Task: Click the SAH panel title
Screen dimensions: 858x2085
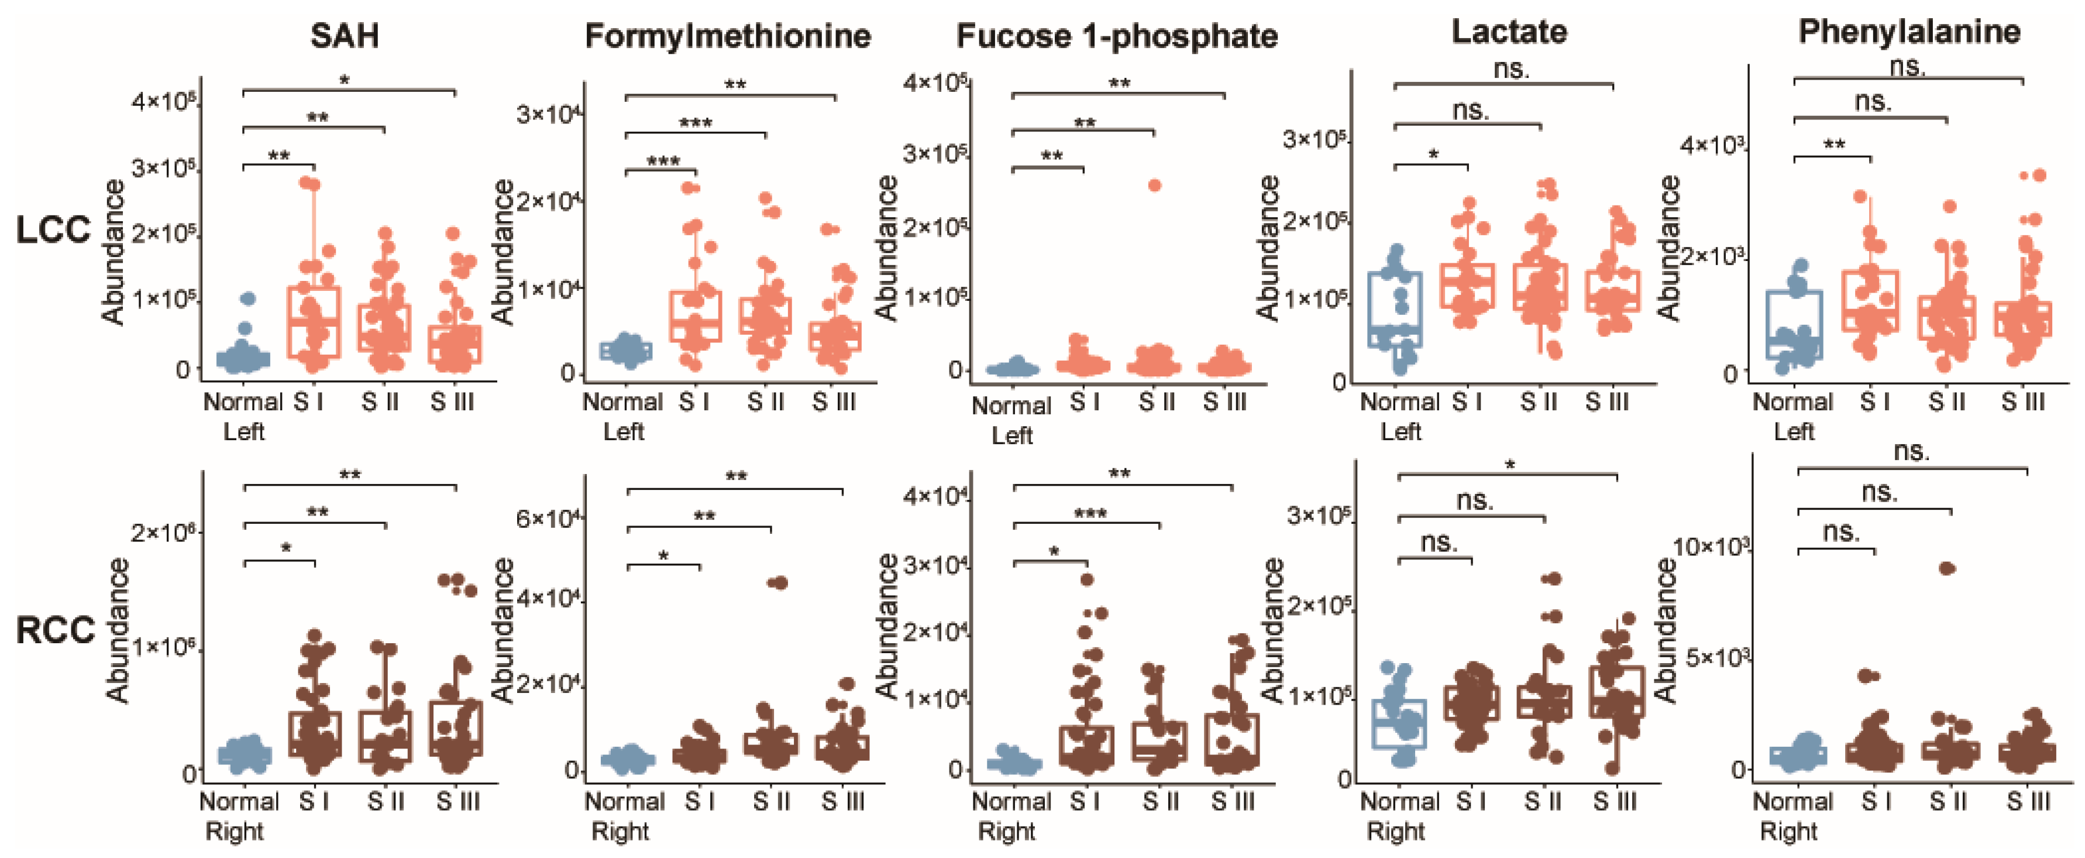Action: click(344, 36)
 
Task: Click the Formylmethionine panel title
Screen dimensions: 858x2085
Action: click(727, 36)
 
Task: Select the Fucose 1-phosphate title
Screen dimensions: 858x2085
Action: click(1116, 36)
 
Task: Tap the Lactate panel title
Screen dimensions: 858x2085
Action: click(1509, 32)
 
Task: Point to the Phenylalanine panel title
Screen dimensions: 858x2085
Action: click(1908, 32)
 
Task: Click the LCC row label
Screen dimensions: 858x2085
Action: click(53, 230)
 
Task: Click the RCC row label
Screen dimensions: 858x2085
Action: click(55, 630)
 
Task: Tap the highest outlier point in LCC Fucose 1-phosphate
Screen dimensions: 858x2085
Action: click(1154, 186)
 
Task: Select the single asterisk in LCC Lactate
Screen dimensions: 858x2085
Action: click(1433, 155)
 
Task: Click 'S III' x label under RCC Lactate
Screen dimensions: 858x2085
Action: click(1614, 801)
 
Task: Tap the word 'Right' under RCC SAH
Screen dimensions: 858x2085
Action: click(234, 831)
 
